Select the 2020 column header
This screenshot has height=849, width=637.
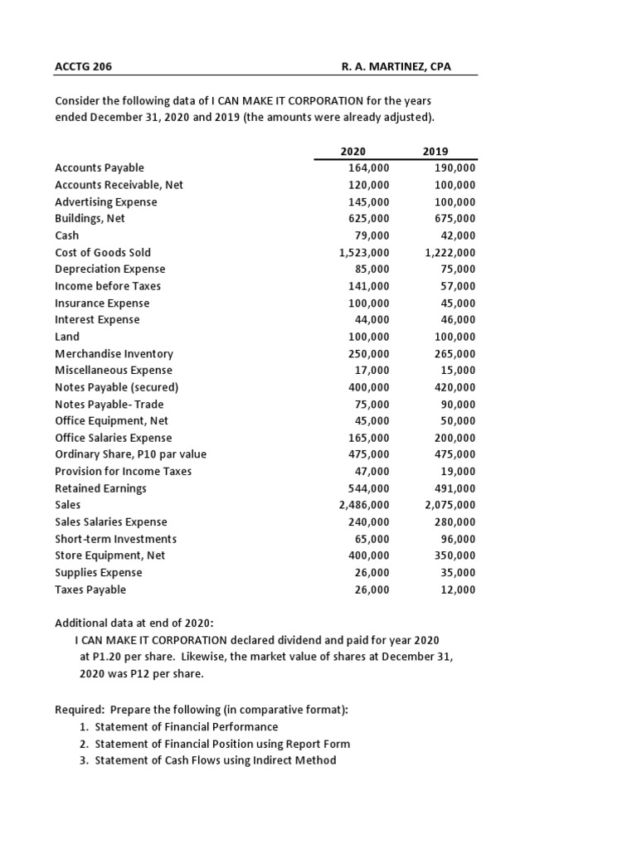pos(353,151)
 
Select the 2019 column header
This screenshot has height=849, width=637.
pos(435,151)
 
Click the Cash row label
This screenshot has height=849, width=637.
pos(67,235)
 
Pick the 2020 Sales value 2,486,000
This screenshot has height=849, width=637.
pos(364,505)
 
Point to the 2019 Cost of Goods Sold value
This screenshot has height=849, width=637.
pos(450,253)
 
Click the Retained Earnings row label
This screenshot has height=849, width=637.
pos(100,488)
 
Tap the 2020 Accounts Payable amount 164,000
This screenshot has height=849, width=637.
pos(368,168)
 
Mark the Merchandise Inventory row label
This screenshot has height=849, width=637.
pos(114,353)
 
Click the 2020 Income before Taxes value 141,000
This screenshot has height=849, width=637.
pos(368,286)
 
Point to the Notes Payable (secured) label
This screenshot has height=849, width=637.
pos(116,387)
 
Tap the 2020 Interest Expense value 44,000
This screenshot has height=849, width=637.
pos(372,320)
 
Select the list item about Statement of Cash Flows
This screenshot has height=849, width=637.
pos(215,760)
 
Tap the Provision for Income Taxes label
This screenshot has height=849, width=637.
pos(123,471)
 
